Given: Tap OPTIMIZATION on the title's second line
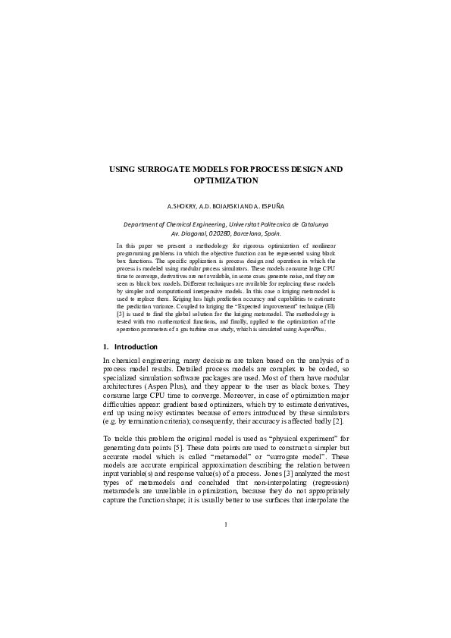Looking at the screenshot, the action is [x=225, y=182].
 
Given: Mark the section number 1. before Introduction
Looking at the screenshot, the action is [x=105, y=346].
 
